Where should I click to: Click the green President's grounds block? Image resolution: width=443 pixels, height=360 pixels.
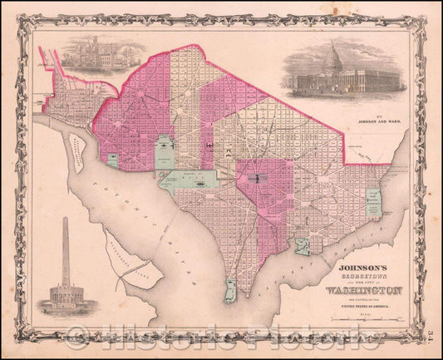point(165,148)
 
